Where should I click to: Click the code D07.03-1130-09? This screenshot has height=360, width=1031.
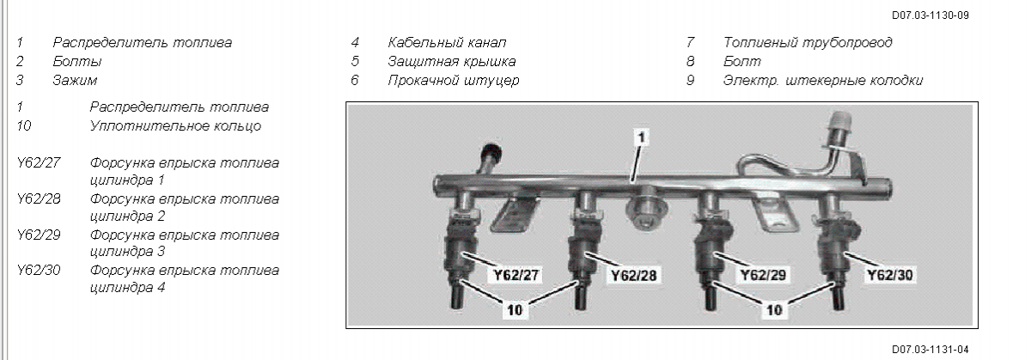[930, 15]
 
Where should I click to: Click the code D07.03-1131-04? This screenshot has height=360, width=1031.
[930, 350]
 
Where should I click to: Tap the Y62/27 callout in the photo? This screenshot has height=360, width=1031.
[516, 275]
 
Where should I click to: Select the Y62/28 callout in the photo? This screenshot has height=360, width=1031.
[634, 275]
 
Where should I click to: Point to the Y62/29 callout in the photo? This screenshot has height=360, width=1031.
[763, 275]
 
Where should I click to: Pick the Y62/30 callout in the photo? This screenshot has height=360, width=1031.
[890, 275]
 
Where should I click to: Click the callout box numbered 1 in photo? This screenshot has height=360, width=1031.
[641, 137]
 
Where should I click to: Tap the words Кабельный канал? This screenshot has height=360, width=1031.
[447, 42]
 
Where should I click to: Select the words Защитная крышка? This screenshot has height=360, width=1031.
[452, 61]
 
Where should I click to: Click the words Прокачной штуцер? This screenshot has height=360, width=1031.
[454, 80]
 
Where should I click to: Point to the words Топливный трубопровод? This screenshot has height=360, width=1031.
[808, 42]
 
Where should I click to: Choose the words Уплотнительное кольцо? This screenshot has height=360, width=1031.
[175, 125]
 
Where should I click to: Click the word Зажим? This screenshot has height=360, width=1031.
[75, 80]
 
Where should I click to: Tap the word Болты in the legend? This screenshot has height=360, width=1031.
[77, 61]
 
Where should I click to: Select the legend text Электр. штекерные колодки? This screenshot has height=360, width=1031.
[823, 80]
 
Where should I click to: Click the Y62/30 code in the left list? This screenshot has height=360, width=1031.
[39, 271]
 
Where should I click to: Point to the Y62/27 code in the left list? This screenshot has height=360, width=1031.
[39, 163]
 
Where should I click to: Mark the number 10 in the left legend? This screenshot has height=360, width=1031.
[24, 125]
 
